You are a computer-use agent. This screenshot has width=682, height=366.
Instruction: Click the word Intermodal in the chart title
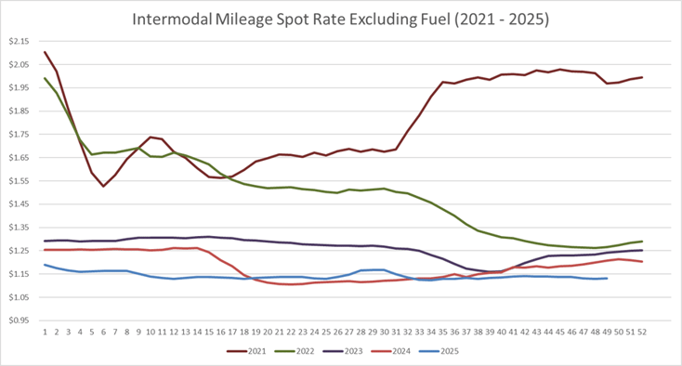tap(174, 19)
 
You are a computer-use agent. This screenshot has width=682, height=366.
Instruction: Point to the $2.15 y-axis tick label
tap(19, 42)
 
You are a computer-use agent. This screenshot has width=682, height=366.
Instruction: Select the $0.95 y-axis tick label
tap(19, 320)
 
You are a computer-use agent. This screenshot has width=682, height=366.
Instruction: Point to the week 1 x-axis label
tap(46, 330)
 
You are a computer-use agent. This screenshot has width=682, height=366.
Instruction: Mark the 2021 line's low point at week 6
tap(104, 186)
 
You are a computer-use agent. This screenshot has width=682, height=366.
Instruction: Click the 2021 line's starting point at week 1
tap(46, 52)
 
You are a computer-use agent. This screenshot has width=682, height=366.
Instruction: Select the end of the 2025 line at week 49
tap(607, 278)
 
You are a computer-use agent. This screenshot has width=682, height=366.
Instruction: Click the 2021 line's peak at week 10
tap(151, 137)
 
